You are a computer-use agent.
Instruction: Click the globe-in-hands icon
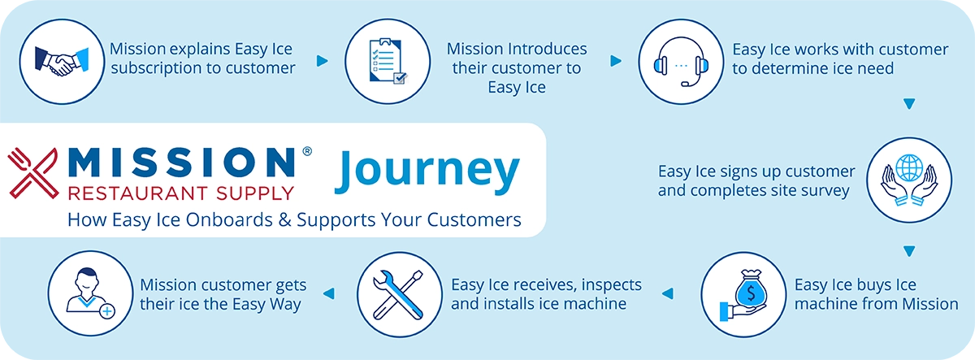click(909, 180)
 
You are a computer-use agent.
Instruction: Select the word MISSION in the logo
click(182, 162)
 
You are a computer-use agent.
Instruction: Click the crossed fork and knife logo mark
click(33, 171)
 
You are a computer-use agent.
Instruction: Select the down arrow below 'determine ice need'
click(909, 104)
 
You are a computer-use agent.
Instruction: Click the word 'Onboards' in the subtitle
click(249, 219)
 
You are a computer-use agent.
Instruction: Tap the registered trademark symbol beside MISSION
click(305, 151)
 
